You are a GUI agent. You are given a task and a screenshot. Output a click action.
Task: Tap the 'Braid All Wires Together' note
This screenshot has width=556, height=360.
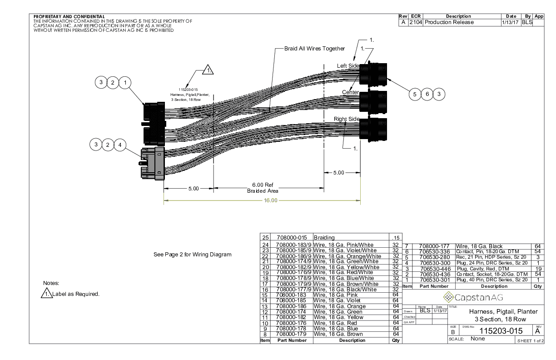point(314,49)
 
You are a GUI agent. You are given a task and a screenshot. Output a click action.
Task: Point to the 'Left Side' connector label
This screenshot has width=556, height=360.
point(348,66)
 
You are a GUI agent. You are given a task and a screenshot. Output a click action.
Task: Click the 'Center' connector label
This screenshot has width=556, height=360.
point(350,92)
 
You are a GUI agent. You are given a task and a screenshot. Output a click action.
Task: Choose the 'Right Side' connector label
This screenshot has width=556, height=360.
point(347,119)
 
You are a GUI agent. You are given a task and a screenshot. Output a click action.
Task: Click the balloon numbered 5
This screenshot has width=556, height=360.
point(414,94)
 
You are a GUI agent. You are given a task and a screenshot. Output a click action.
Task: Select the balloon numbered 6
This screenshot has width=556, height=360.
point(427,94)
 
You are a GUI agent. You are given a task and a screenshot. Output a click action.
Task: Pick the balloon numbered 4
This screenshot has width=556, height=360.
point(120,145)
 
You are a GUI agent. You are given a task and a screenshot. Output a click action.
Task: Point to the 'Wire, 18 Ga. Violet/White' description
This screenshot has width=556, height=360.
point(345,250)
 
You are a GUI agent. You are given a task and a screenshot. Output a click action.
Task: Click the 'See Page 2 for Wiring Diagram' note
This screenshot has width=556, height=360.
point(193,255)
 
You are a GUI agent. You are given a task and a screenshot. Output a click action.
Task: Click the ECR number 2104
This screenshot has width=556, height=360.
point(415,22)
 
